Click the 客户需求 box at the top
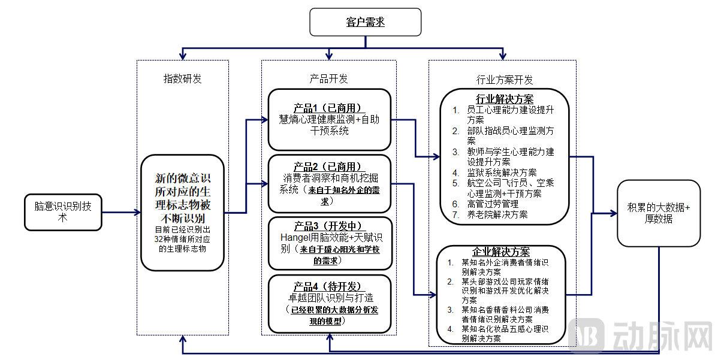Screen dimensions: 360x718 [365, 22]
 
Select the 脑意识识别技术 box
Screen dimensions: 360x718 [63, 212]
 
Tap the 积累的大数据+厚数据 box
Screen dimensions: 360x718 [659, 213]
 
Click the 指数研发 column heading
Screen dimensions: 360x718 [183, 78]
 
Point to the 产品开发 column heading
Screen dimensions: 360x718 [328, 78]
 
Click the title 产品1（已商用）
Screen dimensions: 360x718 [329, 108]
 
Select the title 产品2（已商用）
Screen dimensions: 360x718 [329, 167]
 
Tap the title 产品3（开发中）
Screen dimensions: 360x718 [329, 226]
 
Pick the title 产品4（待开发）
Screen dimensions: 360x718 [329, 286]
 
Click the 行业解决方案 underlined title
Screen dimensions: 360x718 [505, 99]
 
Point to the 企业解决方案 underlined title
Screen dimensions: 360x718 [501, 252]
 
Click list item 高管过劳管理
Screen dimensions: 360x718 [493, 204]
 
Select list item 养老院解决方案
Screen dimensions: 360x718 [497, 214]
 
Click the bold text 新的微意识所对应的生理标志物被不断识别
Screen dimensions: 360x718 [183, 198]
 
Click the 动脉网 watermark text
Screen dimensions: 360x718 [671, 336]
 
